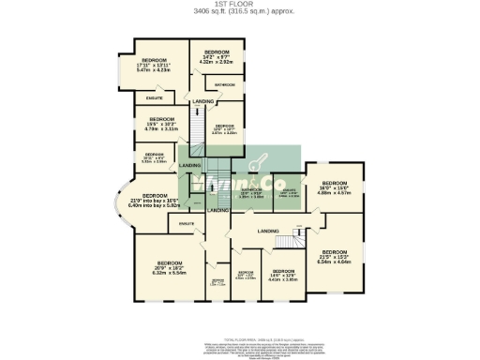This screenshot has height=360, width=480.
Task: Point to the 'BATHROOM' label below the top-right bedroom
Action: (x=225, y=85)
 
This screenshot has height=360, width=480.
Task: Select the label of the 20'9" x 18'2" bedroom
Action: (x=169, y=267)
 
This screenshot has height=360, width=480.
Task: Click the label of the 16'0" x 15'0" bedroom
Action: (x=334, y=187)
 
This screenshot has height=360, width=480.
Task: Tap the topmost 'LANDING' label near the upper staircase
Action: (x=202, y=100)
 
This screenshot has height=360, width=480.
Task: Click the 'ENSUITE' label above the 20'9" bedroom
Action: (x=186, y=223)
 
